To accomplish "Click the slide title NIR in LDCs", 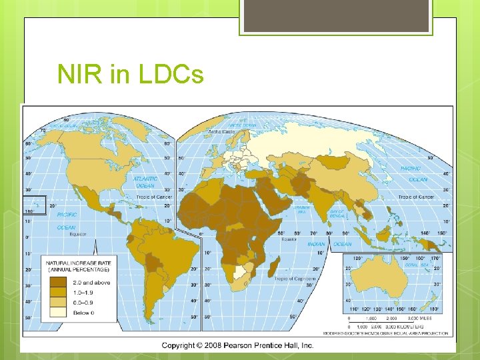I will click(x=131, y=75).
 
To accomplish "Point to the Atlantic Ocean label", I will click(x=145, y=182).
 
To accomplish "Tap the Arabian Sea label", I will click(x=302, y=209).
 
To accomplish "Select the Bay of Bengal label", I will click(x=337, y=213).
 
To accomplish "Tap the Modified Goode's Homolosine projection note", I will click(x=387, y=333).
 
